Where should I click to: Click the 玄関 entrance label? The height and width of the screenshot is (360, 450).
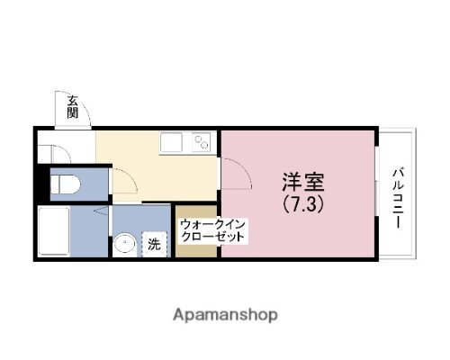pos(72,108)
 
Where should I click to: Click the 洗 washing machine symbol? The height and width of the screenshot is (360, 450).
pos(154,242)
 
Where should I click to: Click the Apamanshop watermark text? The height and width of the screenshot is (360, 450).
pos(224,315)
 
